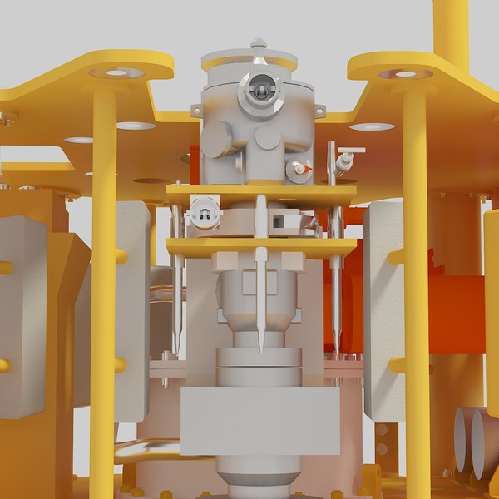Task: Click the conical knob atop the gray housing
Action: (259, 43)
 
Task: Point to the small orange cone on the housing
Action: (308, 169)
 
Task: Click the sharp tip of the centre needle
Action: (260, 350)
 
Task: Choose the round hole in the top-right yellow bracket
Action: (405, 74)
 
